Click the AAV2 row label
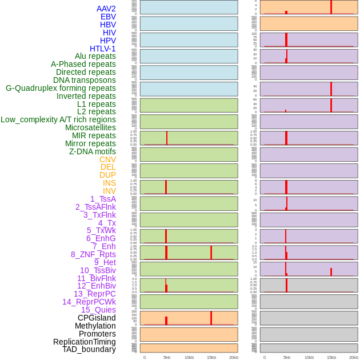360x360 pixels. (x=106, y=9)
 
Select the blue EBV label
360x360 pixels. (x=108, y=17)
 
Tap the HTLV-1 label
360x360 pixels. (x=103, y=49)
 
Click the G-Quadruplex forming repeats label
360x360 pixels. (x=61, y=88)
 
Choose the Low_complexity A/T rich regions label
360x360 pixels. (x=58, y=119)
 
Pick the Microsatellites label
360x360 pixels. (x=90, y=127)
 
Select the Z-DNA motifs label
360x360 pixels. (x=93, y=151)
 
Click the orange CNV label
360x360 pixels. (x=107, y=159)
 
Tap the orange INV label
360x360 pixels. (x=109, y=191)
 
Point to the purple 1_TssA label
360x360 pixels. (x=103, y=199)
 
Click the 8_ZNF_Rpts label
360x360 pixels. (x=93, y=254)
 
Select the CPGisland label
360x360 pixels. (x=97, y=318)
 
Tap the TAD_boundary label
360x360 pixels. (x=89, y=349)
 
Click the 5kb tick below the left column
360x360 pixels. (x=167, y=357)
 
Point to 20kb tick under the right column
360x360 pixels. (x=354, y=357)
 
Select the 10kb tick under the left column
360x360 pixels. (x=189, y=357)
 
